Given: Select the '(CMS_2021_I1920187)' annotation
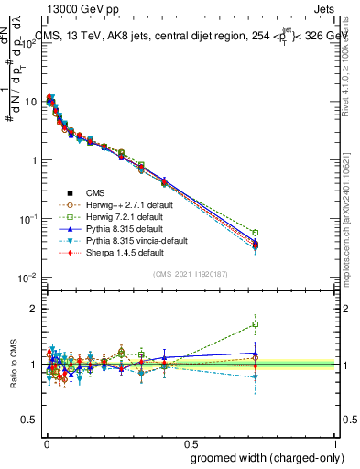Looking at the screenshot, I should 190,273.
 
